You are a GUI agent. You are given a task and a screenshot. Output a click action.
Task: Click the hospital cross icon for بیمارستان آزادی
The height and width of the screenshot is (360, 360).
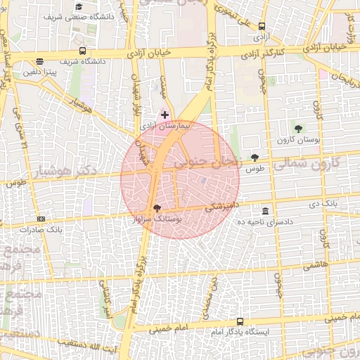(x=165, y=115)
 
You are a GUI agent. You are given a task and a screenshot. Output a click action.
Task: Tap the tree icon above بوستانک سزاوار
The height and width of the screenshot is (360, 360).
(x=156, y=208)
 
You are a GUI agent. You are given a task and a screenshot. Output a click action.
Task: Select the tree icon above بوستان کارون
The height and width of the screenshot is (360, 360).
(x=299, y=129)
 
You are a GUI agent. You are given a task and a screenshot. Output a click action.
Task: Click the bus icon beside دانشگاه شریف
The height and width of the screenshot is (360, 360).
(x=83, y=51)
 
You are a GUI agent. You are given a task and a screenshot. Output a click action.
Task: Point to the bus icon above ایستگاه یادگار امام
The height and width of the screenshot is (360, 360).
(x=240, y=321)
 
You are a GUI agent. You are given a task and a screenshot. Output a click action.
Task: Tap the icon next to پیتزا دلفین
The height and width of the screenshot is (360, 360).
(x=39, y=61)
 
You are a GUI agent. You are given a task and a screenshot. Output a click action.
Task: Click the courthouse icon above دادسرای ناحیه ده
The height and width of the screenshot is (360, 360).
(x=265, y=211)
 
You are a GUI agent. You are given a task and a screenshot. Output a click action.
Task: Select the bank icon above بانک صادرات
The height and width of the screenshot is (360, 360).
(x=41, y=219)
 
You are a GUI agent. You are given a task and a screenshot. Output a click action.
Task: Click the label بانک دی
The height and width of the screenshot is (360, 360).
(x=335, y=204)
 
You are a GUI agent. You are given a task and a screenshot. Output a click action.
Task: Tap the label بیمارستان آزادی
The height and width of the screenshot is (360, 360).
(x=156, y=125)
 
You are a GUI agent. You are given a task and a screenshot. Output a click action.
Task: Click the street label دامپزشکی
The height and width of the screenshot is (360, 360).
(x=224, y=207)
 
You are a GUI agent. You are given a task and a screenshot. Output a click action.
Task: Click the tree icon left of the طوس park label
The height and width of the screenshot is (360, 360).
(x=254, y=158)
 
